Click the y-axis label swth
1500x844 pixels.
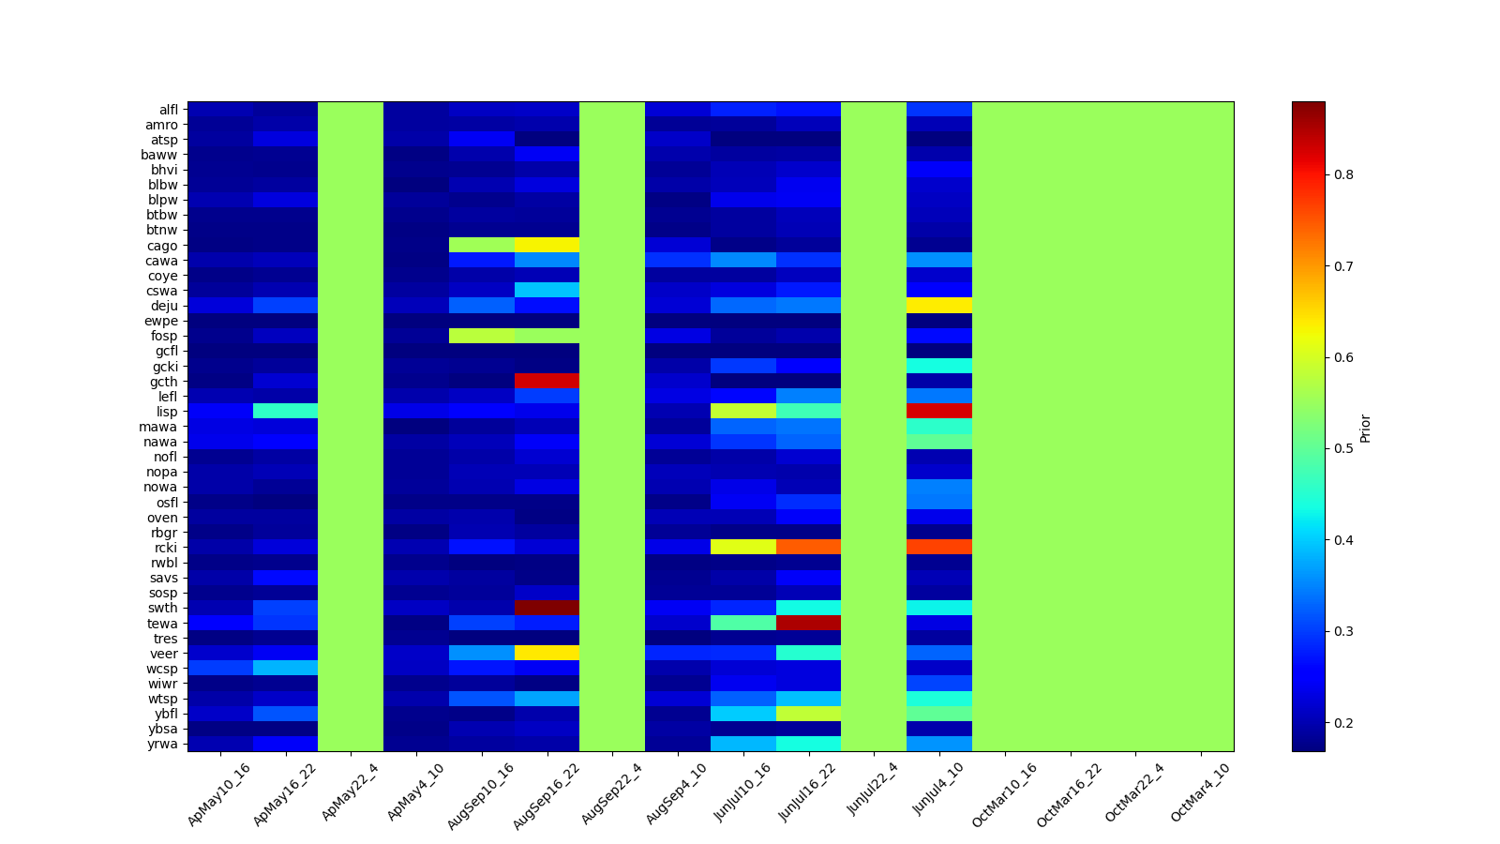(x=164, y=608)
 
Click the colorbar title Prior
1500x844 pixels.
(x=1365, y=428)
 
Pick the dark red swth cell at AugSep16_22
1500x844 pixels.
(x=547, y=608)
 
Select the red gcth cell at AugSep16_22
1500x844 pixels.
(x=547, y=381)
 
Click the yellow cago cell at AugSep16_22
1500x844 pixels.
(x=547, y=246)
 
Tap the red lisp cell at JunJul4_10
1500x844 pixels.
(x=939, y=411)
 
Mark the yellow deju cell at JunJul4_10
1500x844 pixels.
(x=939, y=306)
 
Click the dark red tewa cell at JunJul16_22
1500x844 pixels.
(x=808, y=623)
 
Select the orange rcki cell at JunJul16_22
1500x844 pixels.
(x=808, y=548)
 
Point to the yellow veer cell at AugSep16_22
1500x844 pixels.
(x=547, y=653)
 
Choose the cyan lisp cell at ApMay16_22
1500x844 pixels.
(x=285, y=411)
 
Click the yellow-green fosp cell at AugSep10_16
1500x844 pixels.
(x=482, y=336)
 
